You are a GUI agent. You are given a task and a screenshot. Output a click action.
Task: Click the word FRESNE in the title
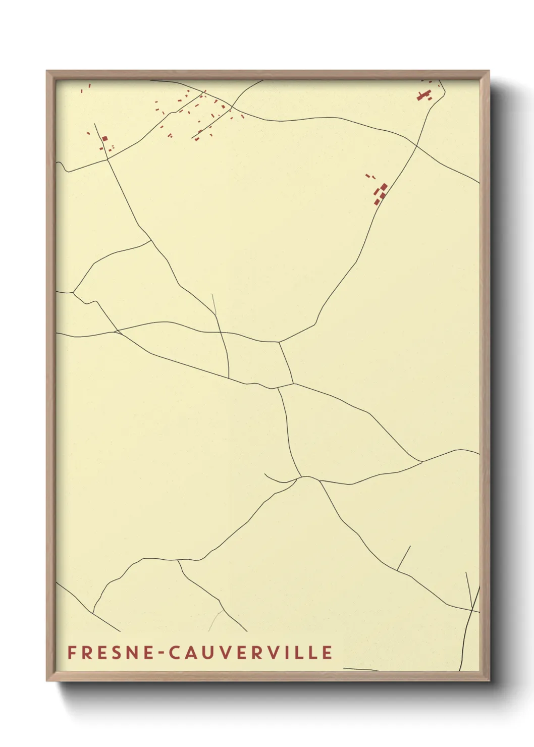[x=109, y=653]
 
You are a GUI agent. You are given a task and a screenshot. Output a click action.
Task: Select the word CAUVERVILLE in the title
[x=250, y=653]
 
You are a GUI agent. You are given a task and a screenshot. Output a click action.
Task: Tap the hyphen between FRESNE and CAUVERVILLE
[x=161, y=653]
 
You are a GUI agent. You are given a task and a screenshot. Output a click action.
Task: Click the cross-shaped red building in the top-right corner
[x=423, y=95]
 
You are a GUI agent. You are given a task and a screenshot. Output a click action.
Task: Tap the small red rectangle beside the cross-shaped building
[x=430, y=98]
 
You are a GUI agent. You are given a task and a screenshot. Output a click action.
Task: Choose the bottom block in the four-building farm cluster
[x=377, y=202]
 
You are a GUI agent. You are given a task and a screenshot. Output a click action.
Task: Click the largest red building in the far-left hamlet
[x=105, y=138]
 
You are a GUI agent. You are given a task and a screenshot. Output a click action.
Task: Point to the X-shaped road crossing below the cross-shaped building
[x=416, y=145]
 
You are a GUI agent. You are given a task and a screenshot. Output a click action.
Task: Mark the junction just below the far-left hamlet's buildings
[x=107, y=159]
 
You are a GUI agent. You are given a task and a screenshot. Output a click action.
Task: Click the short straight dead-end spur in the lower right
[x=404, y=558]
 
